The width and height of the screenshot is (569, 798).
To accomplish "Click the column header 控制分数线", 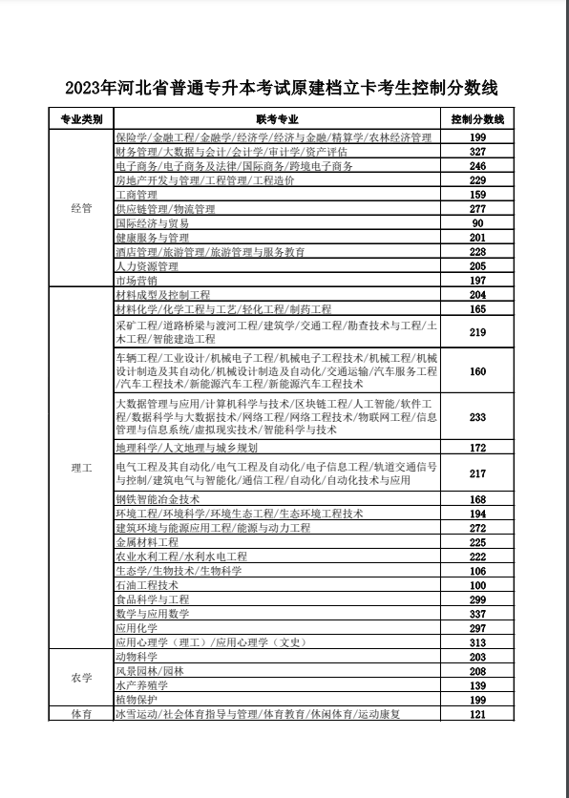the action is pos(477,120).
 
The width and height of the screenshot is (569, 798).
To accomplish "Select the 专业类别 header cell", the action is pos(81,120).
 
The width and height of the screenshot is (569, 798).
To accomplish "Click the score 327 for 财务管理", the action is pos(478,152).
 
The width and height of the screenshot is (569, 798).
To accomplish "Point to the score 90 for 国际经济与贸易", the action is pos(478,223).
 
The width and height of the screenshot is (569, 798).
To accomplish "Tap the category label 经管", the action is pos(81,209).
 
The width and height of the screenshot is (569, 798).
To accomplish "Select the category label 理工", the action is pos(81,470).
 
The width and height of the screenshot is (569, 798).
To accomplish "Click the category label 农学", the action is pos(81,678).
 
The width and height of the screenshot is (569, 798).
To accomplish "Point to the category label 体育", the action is pos(81,714).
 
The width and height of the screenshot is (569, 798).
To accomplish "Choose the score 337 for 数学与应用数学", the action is pos(478,614).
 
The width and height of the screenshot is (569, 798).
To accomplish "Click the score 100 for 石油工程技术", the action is pos(478,585).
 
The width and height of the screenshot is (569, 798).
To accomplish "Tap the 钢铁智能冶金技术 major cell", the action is pos(158,499).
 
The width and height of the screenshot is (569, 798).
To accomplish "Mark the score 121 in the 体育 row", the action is pos(478,714).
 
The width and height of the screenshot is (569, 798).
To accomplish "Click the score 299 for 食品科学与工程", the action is pos(478,599).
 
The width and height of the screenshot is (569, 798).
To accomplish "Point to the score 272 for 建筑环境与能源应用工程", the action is pos(478,528).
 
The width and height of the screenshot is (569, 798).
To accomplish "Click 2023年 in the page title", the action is pos(90,88).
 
